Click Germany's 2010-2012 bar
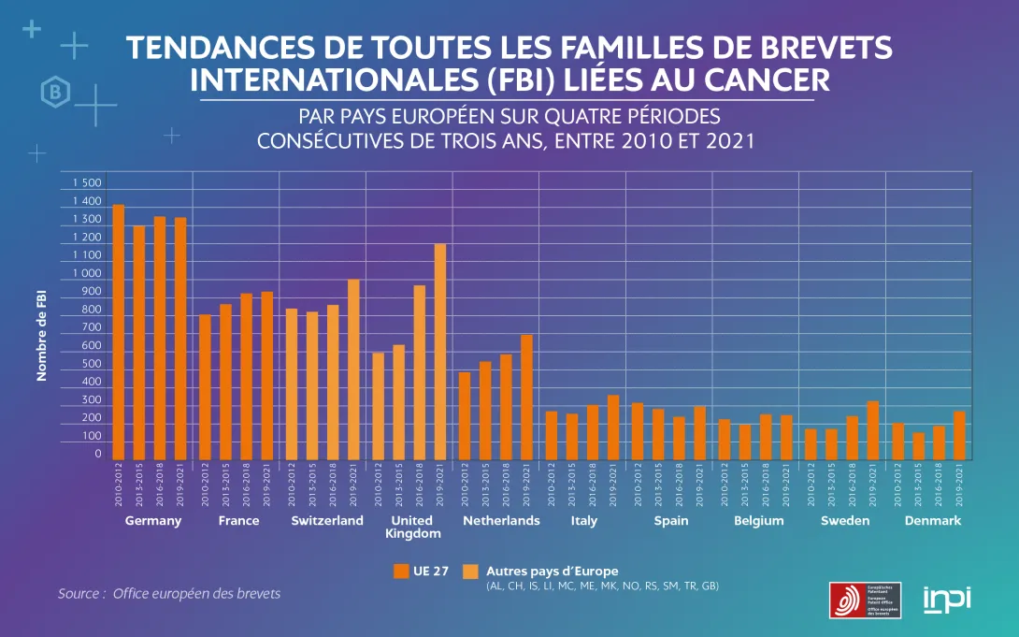click(119, 332)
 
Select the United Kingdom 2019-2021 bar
click(440, 352)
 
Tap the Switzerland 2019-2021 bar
click(353, 369)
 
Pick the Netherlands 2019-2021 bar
click(526, 397)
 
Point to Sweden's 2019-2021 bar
click(872, 430)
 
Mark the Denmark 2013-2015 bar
click(919, 446)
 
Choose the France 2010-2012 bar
click(205, 387)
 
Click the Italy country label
click(584, 521)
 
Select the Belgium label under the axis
click(758, 521)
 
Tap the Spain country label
click(671, 521)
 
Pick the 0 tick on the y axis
click(97, 454)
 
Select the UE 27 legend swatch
click(401, 572)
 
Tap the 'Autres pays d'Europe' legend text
click(552, 571)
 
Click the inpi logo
click(947, 598)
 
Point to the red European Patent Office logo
click(847, 600)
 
